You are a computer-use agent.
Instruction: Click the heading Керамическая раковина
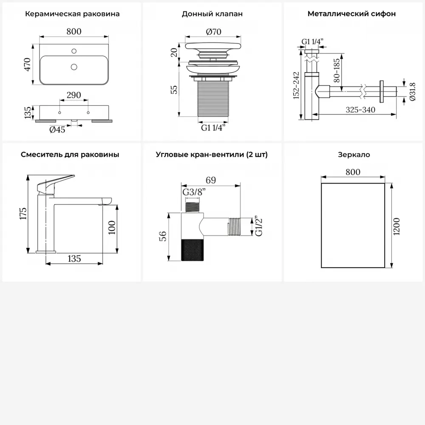tap(72, 14)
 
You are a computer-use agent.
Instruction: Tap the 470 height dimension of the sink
tap(27, 65)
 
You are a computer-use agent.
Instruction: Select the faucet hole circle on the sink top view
tap(74, 51)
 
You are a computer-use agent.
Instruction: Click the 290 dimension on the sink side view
tap(74, 95)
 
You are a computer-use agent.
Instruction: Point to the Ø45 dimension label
tap(57, 130)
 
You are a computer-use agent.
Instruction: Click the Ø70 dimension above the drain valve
tap(213, 32)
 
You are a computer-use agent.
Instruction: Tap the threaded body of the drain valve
tap(213, 98)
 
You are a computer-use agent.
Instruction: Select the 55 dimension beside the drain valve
tap(174, 90)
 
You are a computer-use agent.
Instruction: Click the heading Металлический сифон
tap(351, 14)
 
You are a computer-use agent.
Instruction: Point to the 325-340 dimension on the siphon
tap(360, 110)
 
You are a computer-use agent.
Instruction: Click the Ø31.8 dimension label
tap(412, 92)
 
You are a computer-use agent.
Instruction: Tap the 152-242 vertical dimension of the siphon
tap(296, 85)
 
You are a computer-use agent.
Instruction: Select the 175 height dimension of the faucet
tap(23, 214)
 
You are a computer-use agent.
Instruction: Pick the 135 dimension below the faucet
tap(74, 258)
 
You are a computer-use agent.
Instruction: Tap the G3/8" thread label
tap(194, 192)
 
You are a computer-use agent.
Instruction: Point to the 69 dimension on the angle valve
tap(211, 180)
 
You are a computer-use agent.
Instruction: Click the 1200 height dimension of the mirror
tap(397, 227)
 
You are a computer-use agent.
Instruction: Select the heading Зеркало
tap(354, 155)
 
